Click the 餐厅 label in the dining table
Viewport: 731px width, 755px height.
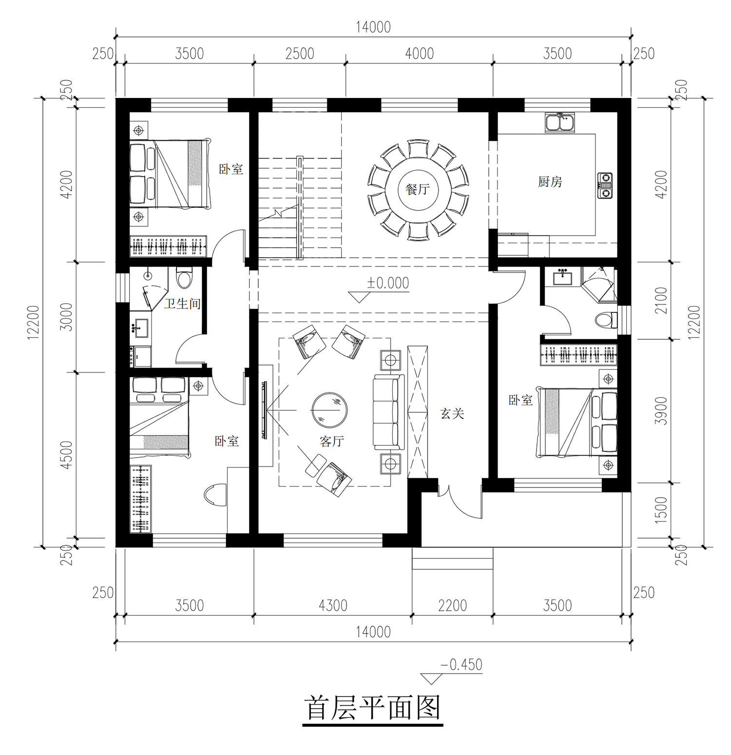click(x=417, y=189)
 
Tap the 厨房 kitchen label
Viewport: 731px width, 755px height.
click(x=550, y=182)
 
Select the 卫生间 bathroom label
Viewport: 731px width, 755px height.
click(x=182, y=304)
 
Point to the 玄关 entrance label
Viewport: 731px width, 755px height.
click(x=452, y=414)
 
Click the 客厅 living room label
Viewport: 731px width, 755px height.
click(x=332, y=442)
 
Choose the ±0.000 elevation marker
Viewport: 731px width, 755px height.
click(x=388, y=283)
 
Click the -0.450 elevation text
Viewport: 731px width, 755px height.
click(x=461, y=665)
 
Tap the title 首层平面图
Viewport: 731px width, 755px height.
click(x=373, y=708)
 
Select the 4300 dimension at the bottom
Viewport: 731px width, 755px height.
click(x=333, y=606)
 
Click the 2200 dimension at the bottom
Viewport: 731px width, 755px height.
click(x=452, y=606)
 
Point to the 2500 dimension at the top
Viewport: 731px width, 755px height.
click(x=300, y=54)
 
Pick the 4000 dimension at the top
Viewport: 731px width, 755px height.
click(x=419, y=54)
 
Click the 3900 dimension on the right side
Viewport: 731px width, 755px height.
click(x=661, y=411)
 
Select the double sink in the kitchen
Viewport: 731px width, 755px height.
click(x=560, y=122)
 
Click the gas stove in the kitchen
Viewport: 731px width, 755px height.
click(x=605, y=186)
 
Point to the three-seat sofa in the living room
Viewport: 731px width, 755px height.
click(x=388, y=412)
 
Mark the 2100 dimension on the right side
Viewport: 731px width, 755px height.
click(x=661, y=301)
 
